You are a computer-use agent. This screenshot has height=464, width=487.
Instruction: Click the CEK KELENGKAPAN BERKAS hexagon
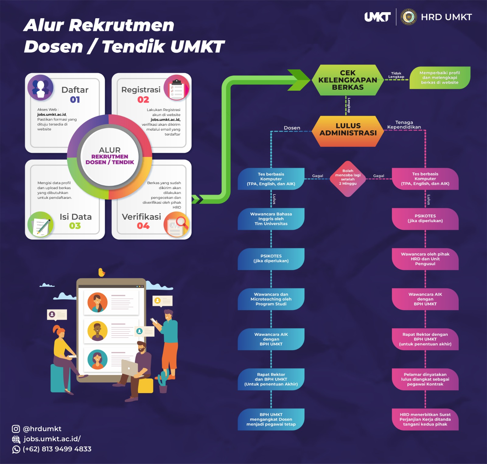point(348,80)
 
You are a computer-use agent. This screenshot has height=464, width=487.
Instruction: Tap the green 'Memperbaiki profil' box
point(440,78)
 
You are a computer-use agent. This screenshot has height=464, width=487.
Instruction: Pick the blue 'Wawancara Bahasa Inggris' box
point(271,219)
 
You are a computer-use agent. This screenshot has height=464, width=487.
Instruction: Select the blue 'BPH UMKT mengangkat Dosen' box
point(271,419)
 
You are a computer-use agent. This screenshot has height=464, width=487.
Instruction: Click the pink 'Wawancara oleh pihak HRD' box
point(425,259)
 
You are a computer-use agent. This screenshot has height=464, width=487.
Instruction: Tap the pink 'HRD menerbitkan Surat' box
point(425,419)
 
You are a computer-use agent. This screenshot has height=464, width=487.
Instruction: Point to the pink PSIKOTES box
point(425,219)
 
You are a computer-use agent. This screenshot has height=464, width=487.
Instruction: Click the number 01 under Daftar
point(75,100)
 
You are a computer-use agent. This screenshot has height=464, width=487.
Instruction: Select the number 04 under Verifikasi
point(143,226)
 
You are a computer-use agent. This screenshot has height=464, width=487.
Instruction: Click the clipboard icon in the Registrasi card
point(177,88)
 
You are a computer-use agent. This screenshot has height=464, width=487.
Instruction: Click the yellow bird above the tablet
point(101,272)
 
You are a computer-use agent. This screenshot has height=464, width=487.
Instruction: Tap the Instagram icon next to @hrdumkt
point(16,429)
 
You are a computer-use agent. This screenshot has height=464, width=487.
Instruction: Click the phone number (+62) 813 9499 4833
point(57,449)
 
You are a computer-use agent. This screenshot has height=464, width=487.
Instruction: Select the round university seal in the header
point(408,17)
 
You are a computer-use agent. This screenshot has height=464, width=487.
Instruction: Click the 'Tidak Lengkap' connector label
point(396,75)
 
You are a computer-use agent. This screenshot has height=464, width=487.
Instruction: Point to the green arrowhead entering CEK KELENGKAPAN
point(300,80)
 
